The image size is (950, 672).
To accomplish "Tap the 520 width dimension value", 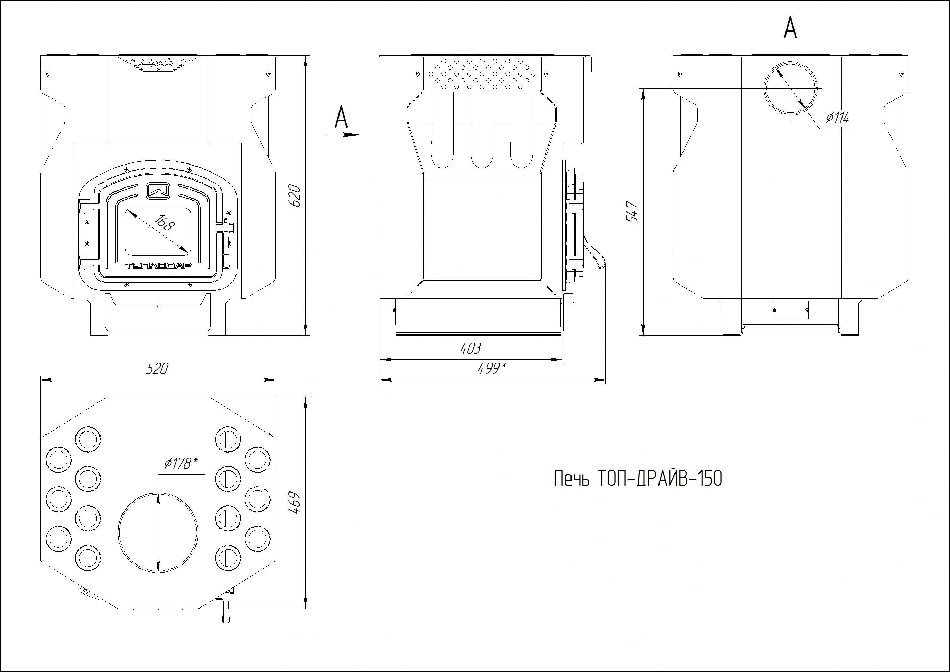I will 157,368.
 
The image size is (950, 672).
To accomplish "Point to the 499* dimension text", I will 492,368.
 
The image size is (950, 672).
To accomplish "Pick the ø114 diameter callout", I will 837,118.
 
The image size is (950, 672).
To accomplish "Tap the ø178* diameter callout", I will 181,463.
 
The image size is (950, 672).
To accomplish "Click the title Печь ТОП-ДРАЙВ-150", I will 638,479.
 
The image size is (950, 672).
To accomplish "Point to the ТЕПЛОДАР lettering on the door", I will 158,266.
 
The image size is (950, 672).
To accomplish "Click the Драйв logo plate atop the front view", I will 158,63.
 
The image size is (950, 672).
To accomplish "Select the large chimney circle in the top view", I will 158,533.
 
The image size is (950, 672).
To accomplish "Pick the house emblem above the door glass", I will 158,190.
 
